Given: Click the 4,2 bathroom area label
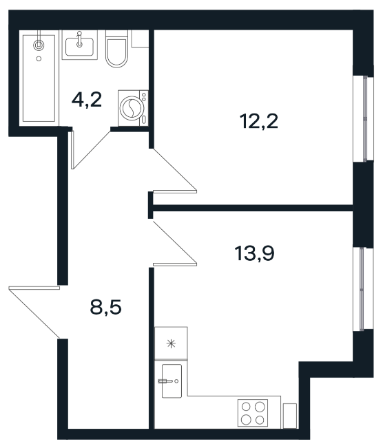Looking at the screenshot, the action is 87,100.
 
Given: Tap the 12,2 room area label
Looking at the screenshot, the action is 259,121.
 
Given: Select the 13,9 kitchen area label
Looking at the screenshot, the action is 254,253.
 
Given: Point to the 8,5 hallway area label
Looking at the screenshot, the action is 105,307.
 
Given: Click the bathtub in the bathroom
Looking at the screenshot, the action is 39,78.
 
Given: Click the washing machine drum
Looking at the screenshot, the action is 130,108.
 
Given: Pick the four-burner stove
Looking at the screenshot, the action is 253,413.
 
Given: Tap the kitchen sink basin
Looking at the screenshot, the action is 172,381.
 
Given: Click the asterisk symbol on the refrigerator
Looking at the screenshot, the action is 171,343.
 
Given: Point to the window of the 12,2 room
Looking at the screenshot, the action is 363,118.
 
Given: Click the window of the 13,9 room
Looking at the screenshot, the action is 363,289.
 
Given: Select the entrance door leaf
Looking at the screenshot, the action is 34,288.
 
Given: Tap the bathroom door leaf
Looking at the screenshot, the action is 72,150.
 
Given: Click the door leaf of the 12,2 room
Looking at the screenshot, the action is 175,191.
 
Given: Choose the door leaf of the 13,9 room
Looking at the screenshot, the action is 175,264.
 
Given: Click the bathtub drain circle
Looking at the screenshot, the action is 39,59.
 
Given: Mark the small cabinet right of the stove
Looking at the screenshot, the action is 290,415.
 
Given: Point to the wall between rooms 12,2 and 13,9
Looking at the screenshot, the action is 253,208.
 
